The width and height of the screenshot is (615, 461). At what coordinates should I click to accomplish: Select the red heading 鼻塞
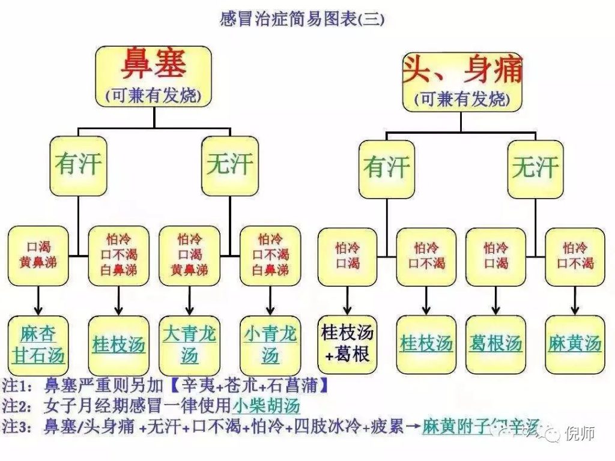coord(154,65)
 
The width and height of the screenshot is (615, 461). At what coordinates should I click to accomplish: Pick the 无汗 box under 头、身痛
coord(535,169)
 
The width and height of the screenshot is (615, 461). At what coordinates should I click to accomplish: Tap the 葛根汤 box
coord(495,343)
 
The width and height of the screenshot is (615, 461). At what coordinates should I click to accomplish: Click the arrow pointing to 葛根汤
coord(495,300)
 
